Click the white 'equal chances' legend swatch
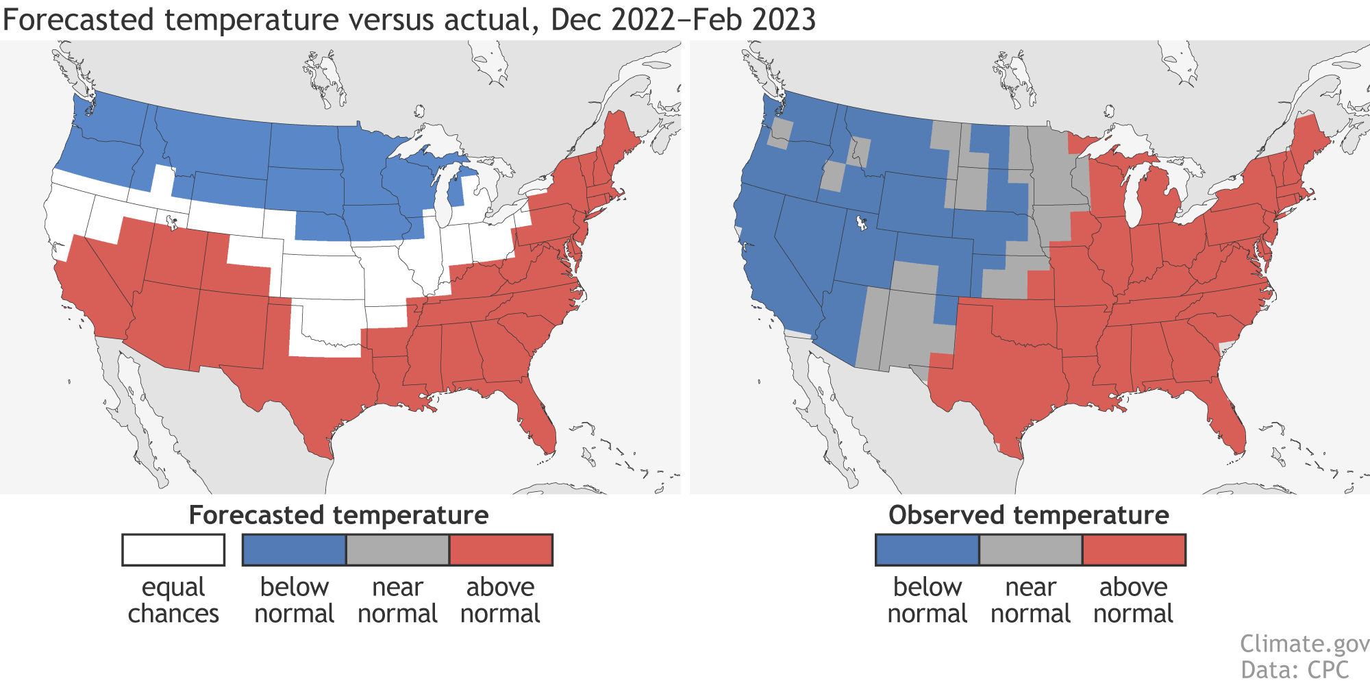[x=173, y=549]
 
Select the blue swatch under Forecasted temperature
[x=294, y=549]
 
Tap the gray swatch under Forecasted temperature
[x=397, y=549]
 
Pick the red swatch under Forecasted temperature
[x=501, y=549]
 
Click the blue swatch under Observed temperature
[x=927, y=549]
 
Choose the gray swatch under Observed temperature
[x=1030, y=549]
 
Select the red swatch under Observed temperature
[x=1134, y=549]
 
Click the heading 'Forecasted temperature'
[x=338, y=515]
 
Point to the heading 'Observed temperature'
[x=1028, y=515]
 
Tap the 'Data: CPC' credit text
[x=1294, y=669]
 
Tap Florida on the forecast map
[x=538, y=421]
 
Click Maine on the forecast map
[x=620, y=137]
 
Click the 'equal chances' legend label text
[x=173, y=600]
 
